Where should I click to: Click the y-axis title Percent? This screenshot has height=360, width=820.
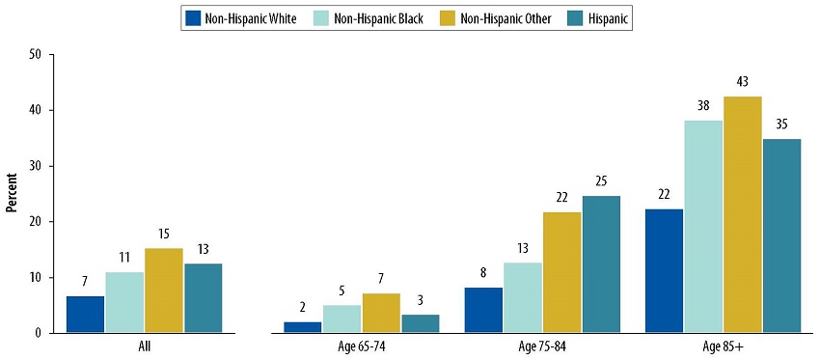[14, 194]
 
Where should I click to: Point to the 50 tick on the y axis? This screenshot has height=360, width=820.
[36, 55]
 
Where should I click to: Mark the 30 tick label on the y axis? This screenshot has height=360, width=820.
[36, 166]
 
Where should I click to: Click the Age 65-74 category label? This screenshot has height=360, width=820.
[361, 345]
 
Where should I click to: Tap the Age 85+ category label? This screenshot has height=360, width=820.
[723, 345]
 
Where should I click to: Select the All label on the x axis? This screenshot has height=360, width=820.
[144, 345]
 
